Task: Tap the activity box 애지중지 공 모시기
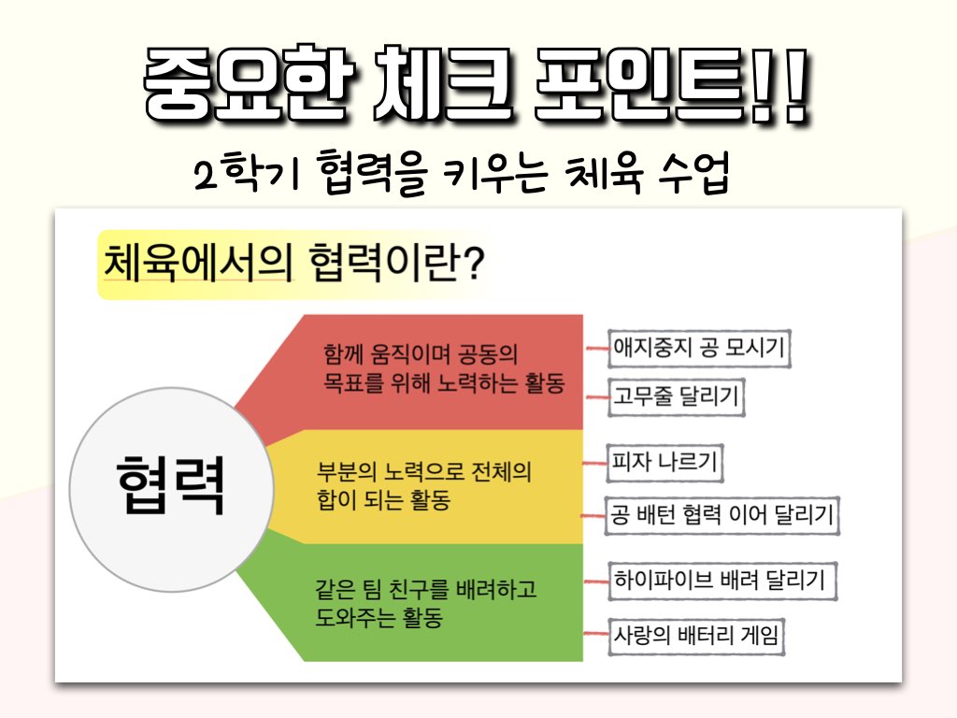click(x=699, y=348)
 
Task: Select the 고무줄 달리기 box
click(x=677, y=396)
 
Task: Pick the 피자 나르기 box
click(x=664, y=462)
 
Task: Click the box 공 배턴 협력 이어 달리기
click(x=722, y=516)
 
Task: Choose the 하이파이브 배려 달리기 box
click(x=722, y=580)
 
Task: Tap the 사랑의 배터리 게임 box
click(x=695, y=636)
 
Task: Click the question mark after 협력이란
click(x=471, y=263)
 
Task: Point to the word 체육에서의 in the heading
click(x=198, y=263)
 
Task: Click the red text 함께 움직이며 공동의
click(x=421, y=353)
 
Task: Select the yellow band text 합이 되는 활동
click(x=383, y=500)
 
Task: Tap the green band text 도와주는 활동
click(x=379, y=617)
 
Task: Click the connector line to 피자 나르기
click(x=595, y=464)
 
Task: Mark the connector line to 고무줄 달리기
click(x=597, y=397)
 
